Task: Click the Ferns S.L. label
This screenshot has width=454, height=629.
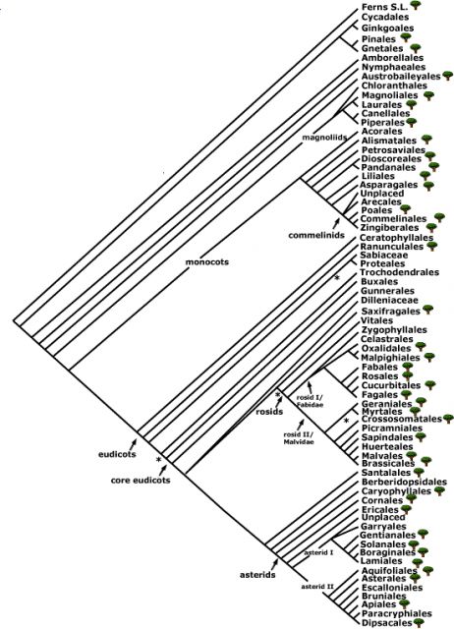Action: point(384,7)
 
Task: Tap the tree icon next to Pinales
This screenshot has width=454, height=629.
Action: point(406,37)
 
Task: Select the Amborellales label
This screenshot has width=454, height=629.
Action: point(386,58)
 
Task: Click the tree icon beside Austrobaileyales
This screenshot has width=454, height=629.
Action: point(448,76)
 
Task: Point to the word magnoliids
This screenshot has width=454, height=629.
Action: point(324,138)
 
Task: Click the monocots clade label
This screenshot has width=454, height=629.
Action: point(207,262)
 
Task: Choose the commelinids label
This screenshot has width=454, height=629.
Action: point(316,235)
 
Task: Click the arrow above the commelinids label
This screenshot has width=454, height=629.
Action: point(336,224)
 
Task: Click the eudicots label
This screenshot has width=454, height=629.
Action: point(117,454)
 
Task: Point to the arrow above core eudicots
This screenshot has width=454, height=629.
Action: point(163,470)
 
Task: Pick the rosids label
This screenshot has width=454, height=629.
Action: point(269,412)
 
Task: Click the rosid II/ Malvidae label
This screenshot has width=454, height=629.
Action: point(299,438)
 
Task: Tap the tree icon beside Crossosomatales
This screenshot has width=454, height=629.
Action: point(448,419)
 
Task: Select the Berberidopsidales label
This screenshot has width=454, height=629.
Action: point(404,482)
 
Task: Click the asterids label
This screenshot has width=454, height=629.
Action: point(257,575)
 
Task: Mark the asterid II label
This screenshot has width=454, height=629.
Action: point(317,587)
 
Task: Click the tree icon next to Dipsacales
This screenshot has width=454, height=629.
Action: point(419,622)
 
